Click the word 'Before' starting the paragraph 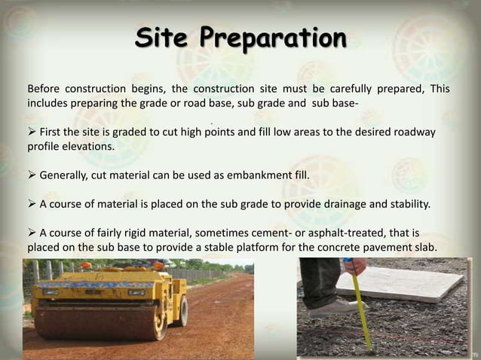[44, 89]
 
